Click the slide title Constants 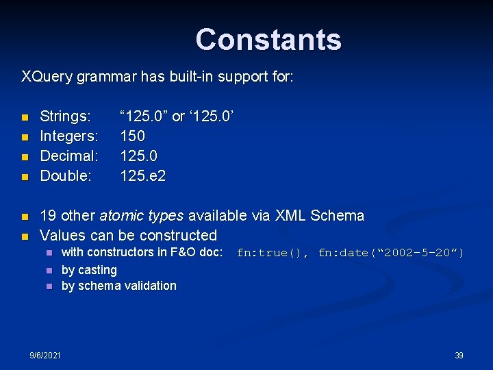(268, 40)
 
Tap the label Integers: (69, 136)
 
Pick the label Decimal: (69, 156)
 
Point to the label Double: (66, 176)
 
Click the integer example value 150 (132, 136)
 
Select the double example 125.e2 (142, 176)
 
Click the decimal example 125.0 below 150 (137, 156)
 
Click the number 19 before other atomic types (48, 216)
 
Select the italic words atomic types (141, 216)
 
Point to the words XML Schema (320, 216)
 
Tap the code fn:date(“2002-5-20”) (391, 253)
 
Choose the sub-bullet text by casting (89, 270)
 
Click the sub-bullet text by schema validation (118, 286)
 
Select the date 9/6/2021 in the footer (45, 355)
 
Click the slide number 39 (459, 355)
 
